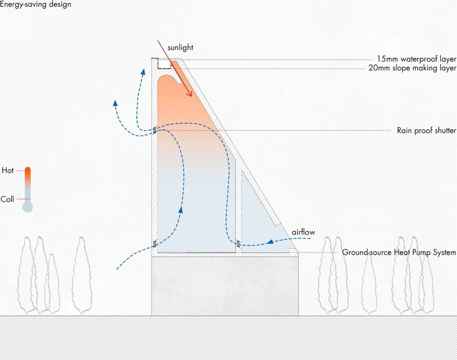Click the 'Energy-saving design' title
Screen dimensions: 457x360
pyautogui.click(x=36, y=5)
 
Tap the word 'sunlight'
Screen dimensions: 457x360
pyautogui.click(x=180, y=48)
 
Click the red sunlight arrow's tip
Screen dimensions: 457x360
pyautogui.click(x=191, y=96)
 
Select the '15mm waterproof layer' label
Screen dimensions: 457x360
pyautogui.click(x=416, y=59)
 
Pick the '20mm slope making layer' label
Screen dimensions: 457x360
pyautogui.click(x=412, y=68)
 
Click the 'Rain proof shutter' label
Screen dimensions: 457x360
pyautogui.click(x=426, y=131)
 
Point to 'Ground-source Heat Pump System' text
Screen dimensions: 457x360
pyautogui.click(x=399, y=253)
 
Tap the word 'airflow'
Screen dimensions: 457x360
pyautogui.click(x=303, y=232)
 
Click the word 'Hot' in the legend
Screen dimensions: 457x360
pyautogui.click(x=8, y=170)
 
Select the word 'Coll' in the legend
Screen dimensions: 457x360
pyautogui.click(x=7, y=199)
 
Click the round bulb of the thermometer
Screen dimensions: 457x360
pyautogui.click(x=28, y=207)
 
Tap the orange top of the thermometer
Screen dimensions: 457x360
pyautogui.click(x=28, y=171)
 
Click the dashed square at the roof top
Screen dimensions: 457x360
pyautogui.click(x=161, y=63)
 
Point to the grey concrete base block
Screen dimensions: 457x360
pyautogui.click(x=225, y=286)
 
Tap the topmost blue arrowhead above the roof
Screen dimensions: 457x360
pyautogui.click(x=143, y=72)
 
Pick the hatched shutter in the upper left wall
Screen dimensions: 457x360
pyautogui.click(x=154, y=129)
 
